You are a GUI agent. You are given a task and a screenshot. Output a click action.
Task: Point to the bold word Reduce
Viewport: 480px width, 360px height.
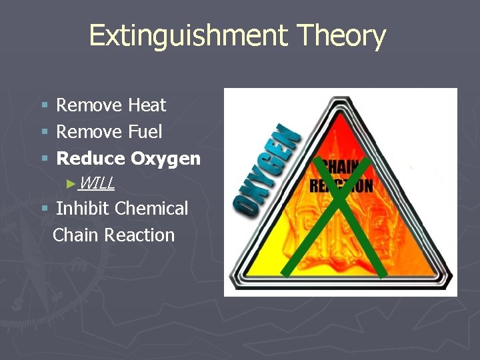91,159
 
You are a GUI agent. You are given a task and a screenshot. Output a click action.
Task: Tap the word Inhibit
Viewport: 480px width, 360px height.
83,209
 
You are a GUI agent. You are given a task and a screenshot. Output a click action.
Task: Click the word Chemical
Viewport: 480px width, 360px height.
151,209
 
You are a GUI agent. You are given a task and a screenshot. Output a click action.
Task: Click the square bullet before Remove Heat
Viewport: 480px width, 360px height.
45,106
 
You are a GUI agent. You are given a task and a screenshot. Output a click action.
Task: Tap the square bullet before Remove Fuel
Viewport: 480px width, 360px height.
45,133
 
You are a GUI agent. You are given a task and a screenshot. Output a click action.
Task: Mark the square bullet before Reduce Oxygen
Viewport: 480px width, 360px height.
45,159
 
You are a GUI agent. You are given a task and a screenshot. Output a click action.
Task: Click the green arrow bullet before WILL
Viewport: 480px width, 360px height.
73,183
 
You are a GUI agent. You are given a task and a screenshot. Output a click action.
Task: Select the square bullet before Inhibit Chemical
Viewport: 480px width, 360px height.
45,209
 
